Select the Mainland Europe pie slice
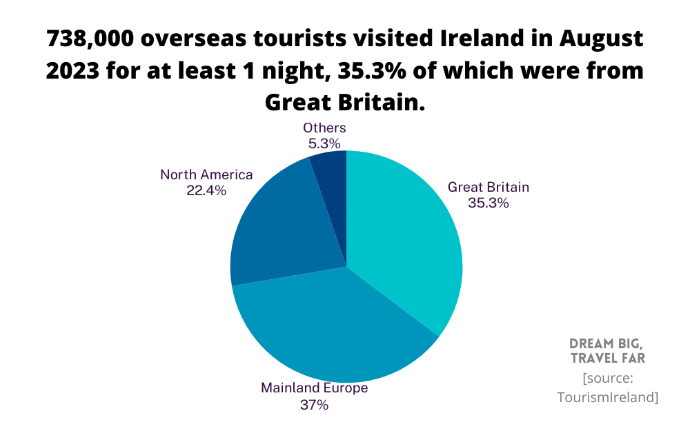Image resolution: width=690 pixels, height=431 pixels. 331,324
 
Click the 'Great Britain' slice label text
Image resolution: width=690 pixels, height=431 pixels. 489,187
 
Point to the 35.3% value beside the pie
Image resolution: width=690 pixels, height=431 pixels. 489,203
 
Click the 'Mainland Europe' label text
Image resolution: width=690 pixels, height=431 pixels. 314,388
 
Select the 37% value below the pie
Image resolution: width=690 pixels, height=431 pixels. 314,405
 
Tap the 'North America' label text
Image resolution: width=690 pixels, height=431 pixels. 206,174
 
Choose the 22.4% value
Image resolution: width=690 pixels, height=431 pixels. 206,191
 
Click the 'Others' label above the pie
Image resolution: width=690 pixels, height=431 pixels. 324,128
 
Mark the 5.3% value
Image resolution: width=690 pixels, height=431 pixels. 324,143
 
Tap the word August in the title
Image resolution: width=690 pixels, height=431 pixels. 599,39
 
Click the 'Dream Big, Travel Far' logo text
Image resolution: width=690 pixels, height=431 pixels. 607,351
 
